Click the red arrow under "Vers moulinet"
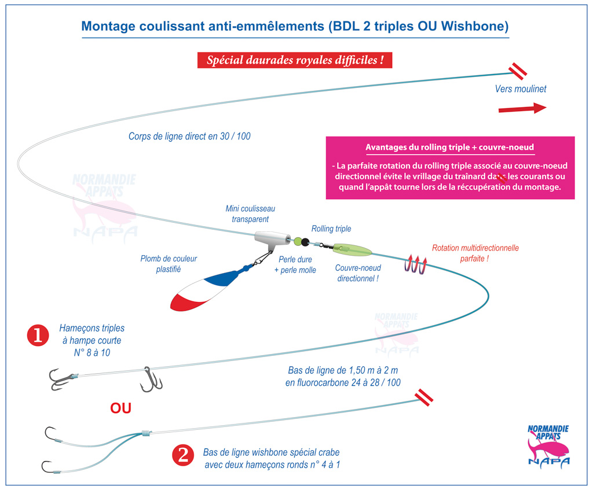[522, 109]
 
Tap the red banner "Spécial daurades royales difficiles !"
[295, 60]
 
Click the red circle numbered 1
[38, 335]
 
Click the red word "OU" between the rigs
[120, 408]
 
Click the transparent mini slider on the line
[272, 240]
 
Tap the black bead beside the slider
[305, 242]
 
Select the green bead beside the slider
[298, 241]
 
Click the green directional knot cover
[352, 250]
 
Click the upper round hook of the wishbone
[52, 435]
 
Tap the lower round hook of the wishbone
[49, 467]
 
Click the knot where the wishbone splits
[146, 433]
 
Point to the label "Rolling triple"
[331, 229]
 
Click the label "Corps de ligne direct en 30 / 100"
[189, 137]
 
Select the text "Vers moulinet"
[521, 89]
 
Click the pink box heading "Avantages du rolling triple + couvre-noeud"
[449, 148]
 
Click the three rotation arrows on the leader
[416, 264]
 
